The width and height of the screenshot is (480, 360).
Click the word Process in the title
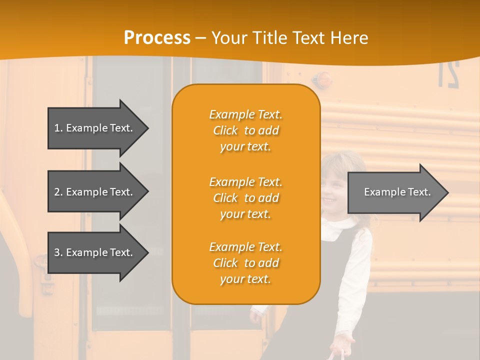pyautogui.click(x=157, y=38)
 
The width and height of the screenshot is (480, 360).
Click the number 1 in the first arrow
pyautogui.click(x=57, y=128)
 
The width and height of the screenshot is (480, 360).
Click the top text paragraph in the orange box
pyautogui.click(x=245, y=130)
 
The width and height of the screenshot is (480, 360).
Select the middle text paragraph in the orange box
pyautogui.click(x=245, y=198)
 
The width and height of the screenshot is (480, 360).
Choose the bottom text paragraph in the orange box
pyautogui.click(x=245, y=263)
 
